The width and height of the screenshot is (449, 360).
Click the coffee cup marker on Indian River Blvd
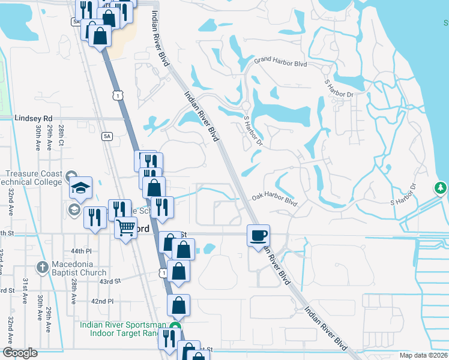tap(259, 235)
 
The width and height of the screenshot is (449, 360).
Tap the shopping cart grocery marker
tap(125, 227)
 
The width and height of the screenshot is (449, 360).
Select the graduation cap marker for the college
tap(80, 187)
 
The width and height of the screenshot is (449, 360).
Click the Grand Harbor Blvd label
tap(280, 62)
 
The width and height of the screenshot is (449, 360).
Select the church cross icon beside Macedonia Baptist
tap(43, 266)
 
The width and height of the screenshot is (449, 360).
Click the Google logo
tap(20, 352)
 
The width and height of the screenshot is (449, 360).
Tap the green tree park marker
tap(441, 188)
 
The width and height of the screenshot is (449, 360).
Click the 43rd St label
tap(110, 281)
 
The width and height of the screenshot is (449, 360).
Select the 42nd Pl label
tap(102, 301)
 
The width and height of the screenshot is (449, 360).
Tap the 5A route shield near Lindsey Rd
tap(107, 136)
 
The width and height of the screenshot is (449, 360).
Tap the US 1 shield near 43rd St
tap(162, 273)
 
